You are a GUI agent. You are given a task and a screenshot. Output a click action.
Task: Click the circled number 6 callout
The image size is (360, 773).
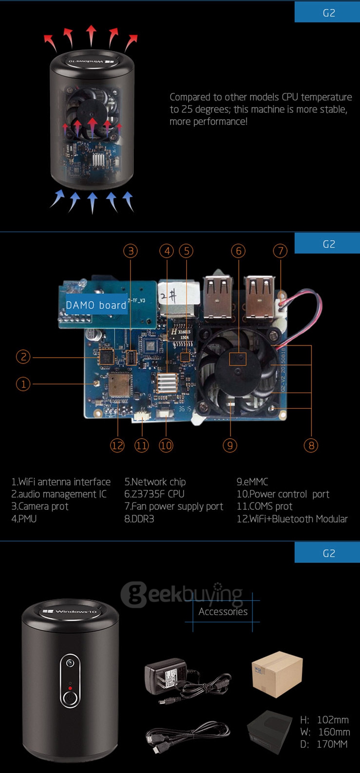tap(238, 251)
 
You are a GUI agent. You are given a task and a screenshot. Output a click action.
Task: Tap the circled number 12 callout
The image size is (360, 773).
tap(117, 445)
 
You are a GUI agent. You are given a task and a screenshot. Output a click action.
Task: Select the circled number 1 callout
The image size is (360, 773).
tap(23, 384)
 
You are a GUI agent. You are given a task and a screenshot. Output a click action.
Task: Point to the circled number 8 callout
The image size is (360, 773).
tap(310, 445)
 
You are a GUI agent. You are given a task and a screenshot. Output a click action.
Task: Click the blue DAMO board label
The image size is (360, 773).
tap(96, 305)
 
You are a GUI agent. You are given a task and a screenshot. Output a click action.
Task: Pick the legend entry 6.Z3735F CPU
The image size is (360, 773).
tap(154, 494)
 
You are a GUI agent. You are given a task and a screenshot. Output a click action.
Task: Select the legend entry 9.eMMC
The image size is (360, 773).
tap(252, 482)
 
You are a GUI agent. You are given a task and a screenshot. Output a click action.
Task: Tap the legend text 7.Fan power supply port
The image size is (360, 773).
tap(174, 506)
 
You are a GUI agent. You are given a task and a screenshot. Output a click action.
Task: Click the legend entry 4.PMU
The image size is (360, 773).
tap(24, 519)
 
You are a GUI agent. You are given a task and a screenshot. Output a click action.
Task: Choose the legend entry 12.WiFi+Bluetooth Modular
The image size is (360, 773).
tap(292, 519)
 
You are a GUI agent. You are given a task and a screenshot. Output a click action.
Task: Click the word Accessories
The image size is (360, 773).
tap(223, 611)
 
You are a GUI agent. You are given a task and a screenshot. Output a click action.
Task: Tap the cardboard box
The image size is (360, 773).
tap(277, 674)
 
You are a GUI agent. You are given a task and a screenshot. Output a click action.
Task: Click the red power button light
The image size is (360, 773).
tap(70, 688)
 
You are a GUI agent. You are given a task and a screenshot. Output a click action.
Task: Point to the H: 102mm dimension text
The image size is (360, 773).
tap(324, 719)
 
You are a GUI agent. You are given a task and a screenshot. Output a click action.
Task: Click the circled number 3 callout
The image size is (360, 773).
tap(130, 251)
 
